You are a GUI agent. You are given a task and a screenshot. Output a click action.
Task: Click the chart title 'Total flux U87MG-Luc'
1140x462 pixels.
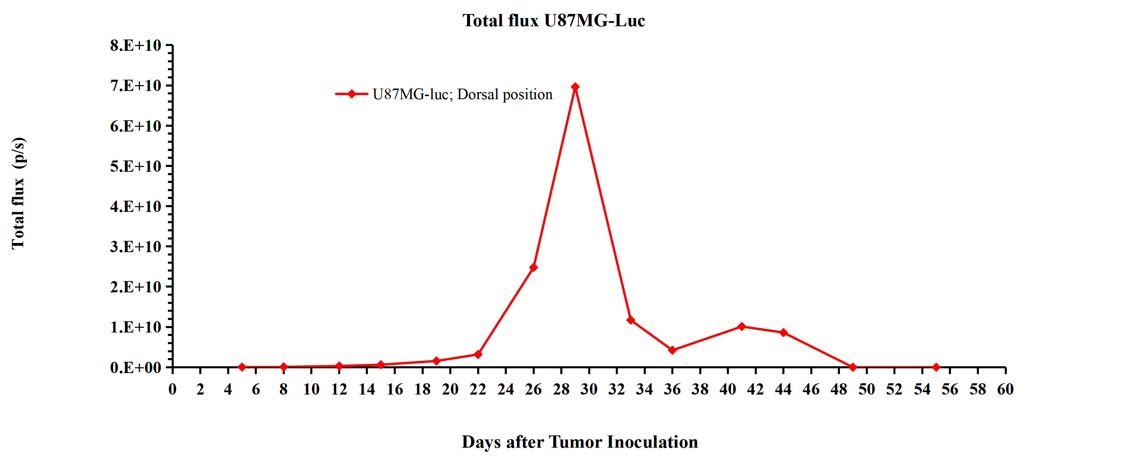point(553,20)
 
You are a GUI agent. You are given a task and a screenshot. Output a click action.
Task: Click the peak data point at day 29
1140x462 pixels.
point(575,87)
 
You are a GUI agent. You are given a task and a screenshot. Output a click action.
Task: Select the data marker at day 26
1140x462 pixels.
point(533,267)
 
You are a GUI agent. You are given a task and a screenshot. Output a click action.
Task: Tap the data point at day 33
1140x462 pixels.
point(631,320)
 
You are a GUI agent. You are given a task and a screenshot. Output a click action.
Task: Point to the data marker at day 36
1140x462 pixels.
point(672,350)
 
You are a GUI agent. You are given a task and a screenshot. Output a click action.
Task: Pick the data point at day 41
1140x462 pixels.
point(742,327)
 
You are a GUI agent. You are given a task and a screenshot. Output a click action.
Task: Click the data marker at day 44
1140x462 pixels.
point(783,332)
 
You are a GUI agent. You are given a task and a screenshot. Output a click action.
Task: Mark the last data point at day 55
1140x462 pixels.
point(936,367)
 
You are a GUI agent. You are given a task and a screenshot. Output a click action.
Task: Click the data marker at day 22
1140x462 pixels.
point(478,354)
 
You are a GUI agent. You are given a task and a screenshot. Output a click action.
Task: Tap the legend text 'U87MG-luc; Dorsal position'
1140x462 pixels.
point(463,94)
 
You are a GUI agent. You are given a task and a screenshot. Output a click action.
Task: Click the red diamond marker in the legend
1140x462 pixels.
point(352,94)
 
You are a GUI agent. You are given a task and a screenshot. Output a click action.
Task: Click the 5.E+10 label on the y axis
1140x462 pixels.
point(136,166)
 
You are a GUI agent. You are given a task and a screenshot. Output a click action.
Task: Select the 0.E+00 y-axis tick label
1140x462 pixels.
point(136,367)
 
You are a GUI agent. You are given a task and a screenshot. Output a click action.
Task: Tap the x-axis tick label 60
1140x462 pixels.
point(1005,389)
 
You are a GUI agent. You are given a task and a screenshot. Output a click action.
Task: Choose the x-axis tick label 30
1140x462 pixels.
point(589,389)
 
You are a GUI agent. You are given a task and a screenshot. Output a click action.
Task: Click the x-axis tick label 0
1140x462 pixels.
point(173,389)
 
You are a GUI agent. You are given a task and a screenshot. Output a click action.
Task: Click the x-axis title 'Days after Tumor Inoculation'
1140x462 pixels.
point(580,442)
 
